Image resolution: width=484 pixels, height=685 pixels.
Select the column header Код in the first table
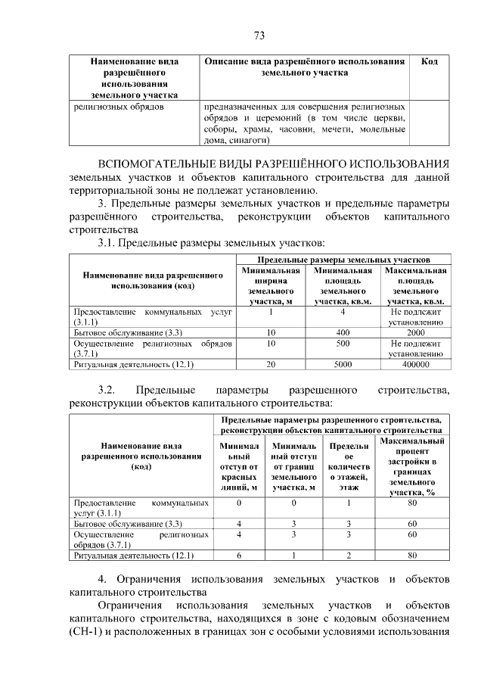429,61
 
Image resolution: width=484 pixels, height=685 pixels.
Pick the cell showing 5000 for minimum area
343,364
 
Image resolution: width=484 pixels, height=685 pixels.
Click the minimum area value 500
343,343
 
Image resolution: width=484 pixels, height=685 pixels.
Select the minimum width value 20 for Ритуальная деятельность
271,364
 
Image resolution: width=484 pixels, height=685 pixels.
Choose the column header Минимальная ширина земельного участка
271,285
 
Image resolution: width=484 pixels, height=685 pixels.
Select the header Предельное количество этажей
349,466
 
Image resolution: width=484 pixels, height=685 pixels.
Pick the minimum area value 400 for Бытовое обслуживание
343,332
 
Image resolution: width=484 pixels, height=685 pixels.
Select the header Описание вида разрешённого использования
304,67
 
